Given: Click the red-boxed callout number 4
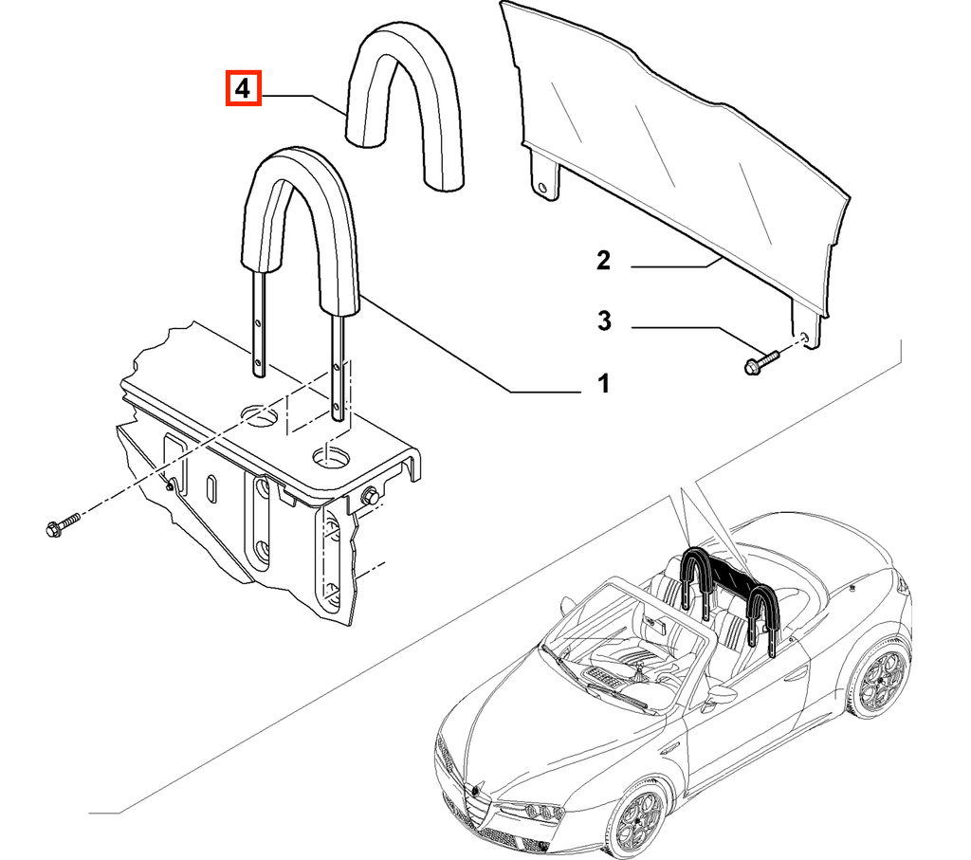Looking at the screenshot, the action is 244,88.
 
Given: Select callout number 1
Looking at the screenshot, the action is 603,383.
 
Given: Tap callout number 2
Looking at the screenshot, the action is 603,260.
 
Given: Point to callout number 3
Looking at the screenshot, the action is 604,320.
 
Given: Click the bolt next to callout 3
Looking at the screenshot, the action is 761,362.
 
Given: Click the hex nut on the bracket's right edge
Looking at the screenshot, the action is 371,495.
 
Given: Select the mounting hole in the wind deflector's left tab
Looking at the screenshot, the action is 542,187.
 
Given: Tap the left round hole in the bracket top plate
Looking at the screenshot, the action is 260,415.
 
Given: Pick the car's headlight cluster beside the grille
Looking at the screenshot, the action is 540,811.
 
